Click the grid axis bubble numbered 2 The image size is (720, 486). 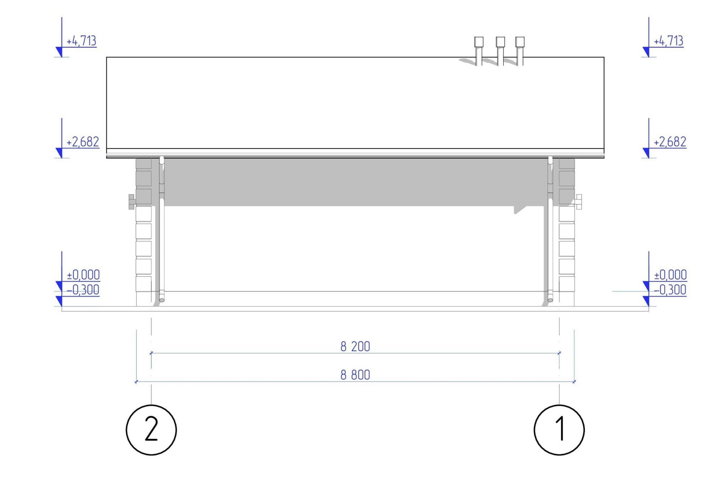coord(151,430)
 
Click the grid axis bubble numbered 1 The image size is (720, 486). coord(559,430)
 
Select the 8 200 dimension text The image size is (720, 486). coord(355,346)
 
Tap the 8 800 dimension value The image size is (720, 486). coord(355,375)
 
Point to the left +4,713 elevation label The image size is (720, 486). coord(81,41)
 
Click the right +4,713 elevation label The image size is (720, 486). coord(669,41)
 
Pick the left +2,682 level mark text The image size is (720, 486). coord(83,142)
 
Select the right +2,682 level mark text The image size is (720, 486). coord(670,142)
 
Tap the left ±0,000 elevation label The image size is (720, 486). coord(84,275)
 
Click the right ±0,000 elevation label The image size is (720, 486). coord(670,275)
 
